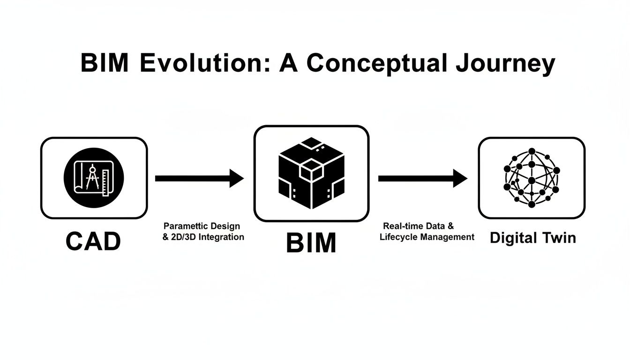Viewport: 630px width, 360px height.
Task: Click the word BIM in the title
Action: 104,63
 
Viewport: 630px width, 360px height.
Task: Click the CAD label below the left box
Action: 93,241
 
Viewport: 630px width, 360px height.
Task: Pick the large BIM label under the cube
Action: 311,243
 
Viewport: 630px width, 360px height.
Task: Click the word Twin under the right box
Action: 559,238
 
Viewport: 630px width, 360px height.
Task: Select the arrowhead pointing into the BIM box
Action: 236,178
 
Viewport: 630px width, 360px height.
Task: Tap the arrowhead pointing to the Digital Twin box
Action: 460,178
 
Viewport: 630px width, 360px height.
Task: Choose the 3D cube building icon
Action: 311,173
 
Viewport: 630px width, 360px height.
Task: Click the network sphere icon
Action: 532,178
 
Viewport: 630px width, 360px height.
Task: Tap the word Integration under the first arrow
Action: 221,237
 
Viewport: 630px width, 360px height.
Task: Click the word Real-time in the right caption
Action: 401,226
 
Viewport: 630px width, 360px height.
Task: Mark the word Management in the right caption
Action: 447,237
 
